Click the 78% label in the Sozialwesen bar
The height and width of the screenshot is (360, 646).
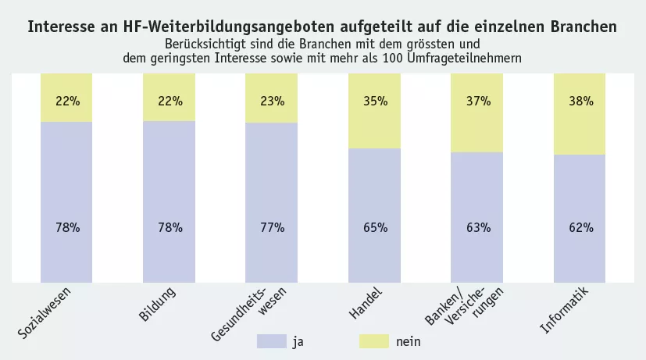coord(67,228)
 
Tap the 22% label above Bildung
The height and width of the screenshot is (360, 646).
coord(170,101)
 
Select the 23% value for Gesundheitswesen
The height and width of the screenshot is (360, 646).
coord(272,101)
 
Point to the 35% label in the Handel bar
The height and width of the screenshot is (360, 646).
coord(375,101)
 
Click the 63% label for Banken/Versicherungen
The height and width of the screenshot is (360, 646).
coord(478,228)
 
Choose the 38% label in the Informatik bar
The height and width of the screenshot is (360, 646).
coord(580,101)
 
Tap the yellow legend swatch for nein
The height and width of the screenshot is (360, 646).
coord(374,341)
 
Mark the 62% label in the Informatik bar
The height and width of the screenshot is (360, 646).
coord(580,228)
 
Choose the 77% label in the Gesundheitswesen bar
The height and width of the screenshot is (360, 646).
coord(272,228)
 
